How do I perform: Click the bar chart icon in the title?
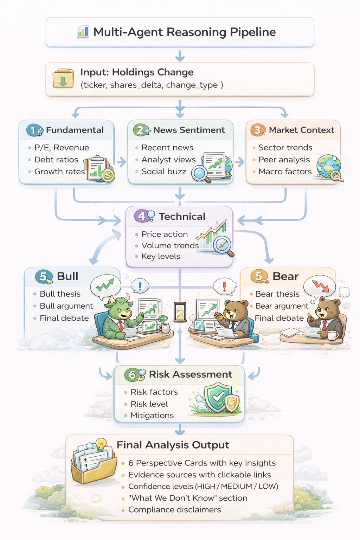tap(83, 32)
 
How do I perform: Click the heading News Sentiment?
tap(189, 130)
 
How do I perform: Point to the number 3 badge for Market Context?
tap(257, 130)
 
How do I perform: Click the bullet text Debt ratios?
tap(56, 160)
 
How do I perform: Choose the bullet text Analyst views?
tap(168, 160)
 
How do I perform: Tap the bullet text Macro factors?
tap(285, 172)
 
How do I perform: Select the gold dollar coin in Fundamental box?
tap(108, 175)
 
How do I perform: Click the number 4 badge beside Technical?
tap(141, 216)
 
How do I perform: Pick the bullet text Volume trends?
tap(170, 245)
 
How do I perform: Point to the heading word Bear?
tap(285, 276)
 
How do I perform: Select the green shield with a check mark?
tap(217, 398)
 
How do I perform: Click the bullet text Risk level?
tap(149, 404)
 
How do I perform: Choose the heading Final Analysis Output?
tap(173, 445)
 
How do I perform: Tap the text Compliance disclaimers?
tap(174, 510)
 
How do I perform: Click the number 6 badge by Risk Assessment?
tap(132, 375)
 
